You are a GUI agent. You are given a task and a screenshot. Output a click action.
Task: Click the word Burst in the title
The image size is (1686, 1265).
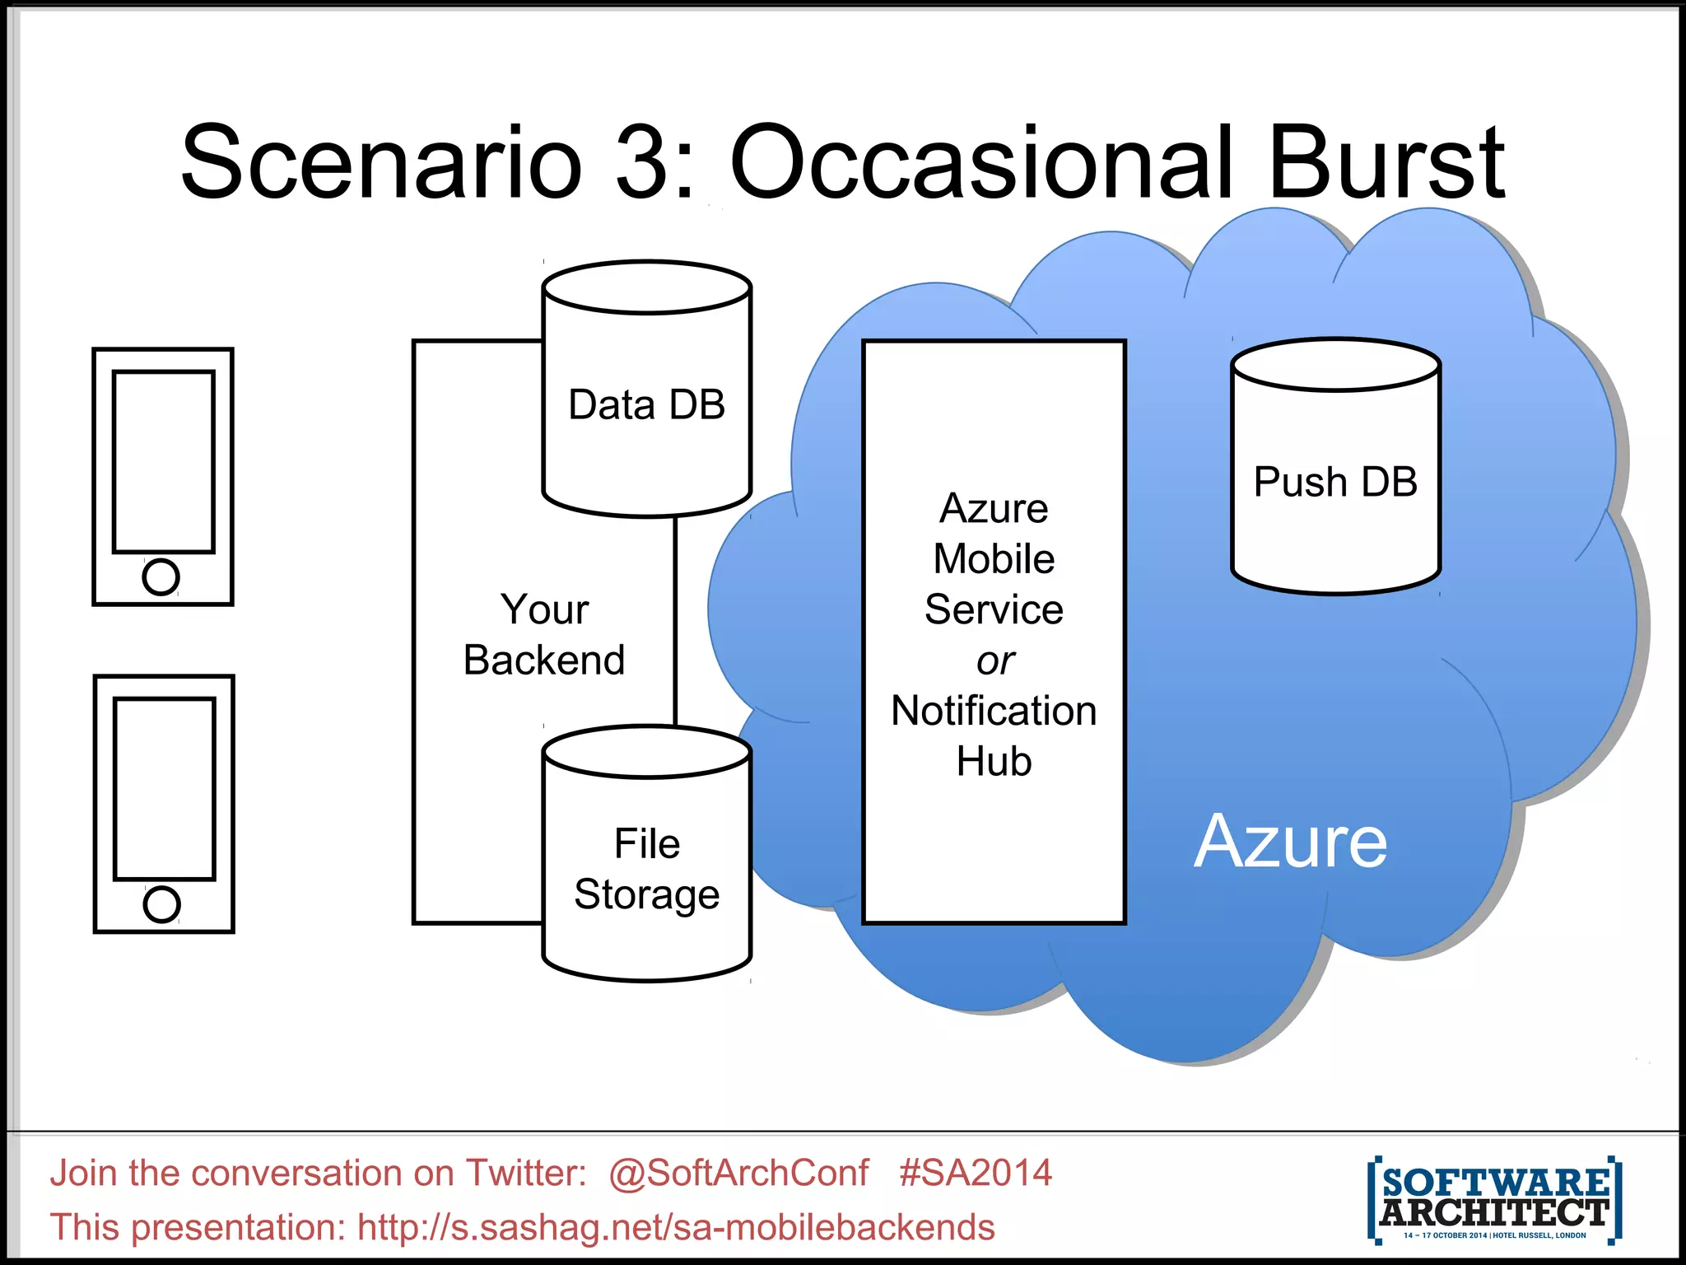tap(1386, 162)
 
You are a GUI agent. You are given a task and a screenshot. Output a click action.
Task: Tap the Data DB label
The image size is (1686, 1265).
tap(646, 404)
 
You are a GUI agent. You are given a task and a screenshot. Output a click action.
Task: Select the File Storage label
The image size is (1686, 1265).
tap(647, 869)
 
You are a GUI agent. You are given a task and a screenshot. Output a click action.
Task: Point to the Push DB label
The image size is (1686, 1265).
tap(1335, 482)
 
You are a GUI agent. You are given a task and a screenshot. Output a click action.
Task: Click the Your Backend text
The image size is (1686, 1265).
tap(544, 634)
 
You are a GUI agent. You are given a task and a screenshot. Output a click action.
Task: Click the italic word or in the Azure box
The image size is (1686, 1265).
tap(995, 661)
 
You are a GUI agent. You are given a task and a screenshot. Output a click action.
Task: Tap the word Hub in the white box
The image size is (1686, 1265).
tap(994, 761)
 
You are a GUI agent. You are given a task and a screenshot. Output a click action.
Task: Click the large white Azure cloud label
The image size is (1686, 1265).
tap(1290, 842)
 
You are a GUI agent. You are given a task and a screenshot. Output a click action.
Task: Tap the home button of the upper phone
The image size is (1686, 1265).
tap(161, 576)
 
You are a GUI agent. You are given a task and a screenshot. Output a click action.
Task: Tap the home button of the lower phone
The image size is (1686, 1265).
tap(161, 904)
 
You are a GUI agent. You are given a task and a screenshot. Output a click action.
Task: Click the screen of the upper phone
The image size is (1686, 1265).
tap(163, 461)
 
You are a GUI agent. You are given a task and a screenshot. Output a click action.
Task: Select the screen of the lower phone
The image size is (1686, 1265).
tap(164, 789)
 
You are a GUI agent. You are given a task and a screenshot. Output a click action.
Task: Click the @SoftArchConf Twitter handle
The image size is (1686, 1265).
tap(738, 1173)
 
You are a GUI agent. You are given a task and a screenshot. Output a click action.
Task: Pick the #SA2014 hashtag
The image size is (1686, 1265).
tap(976, 1173)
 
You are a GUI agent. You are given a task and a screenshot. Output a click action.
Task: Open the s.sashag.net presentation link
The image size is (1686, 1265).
tap(676, 1227)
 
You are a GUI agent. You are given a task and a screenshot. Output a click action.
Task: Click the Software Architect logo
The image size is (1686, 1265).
tap(1494, 1199)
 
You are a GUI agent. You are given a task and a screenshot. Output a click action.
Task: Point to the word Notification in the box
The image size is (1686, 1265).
tap(994, 711)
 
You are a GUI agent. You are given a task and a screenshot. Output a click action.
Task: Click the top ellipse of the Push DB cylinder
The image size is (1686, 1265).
tap(1335, 364)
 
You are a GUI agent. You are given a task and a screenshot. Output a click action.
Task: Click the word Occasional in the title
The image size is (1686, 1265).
tap(981, 162)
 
